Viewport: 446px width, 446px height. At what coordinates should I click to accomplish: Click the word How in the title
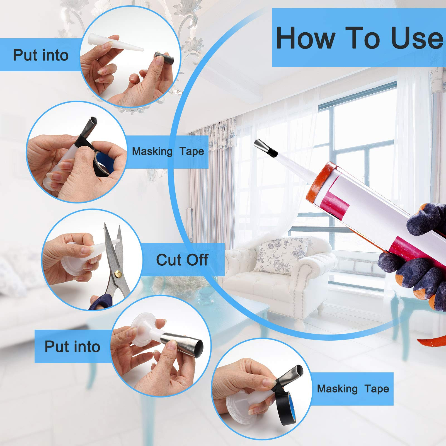[x=306, y=38]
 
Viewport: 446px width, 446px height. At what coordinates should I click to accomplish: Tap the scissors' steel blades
[x=114, y=256]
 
